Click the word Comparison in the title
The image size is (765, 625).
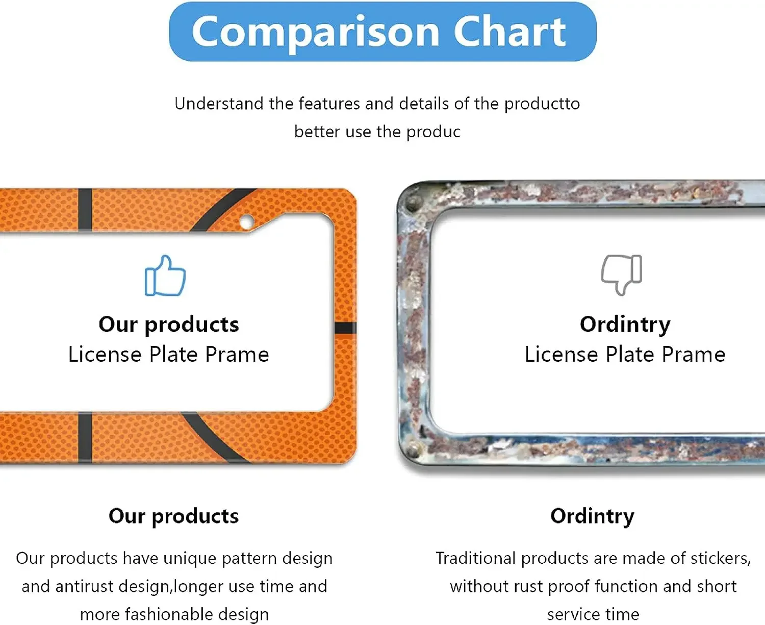316,33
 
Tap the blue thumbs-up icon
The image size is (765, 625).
165,276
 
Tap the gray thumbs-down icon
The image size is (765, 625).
621,275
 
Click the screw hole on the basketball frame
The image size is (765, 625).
247,221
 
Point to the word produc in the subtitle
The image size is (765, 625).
433,132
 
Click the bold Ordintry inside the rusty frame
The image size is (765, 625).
625,324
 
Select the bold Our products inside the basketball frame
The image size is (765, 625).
169,324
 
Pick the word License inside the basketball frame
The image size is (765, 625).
105,354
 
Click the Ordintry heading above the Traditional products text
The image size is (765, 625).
592,516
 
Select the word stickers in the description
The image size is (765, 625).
721,559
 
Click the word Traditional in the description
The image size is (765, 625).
475,558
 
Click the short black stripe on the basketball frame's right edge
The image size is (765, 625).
345,328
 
